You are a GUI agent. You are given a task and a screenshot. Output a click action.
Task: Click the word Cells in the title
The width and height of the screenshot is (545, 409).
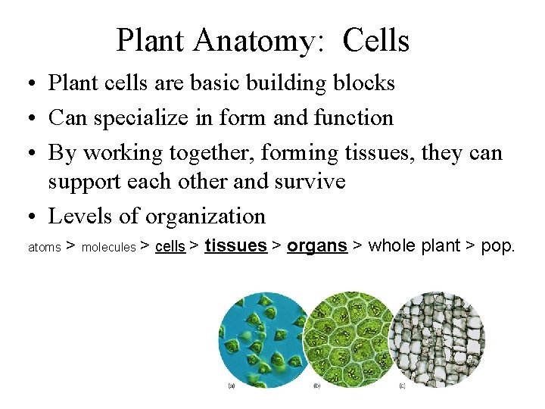[x=375, y=41]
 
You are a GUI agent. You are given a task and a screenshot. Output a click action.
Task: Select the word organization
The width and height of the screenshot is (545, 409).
[x=205, y=217]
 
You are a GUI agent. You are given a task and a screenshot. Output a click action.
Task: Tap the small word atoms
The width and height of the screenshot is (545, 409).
[x=44, y=247]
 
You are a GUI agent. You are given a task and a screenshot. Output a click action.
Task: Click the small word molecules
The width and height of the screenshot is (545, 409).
[x=108, y=247]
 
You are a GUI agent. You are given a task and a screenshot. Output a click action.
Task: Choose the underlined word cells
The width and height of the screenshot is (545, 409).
[x=170, y=246]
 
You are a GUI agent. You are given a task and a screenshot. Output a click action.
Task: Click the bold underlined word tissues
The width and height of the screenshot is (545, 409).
[x=236, y=245]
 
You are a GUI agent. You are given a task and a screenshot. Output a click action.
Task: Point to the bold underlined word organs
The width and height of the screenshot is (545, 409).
[x=317, y=245]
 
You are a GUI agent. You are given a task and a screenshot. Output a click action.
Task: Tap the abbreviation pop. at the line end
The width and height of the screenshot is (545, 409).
[x=498, y=245]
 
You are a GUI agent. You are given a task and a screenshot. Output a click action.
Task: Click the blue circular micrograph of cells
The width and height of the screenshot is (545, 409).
[x=262, y=338]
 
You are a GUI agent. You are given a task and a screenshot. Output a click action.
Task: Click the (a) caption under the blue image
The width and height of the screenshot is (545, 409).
[x=232, y=386]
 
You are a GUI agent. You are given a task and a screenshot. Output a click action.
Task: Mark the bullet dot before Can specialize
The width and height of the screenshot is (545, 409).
[x=35, y=119]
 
